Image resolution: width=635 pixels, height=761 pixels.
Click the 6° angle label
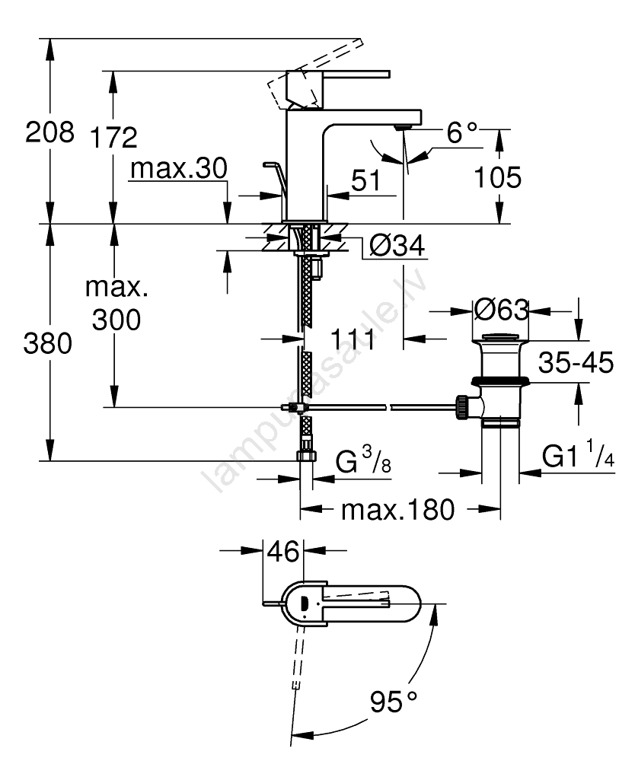click(x=461, y=134)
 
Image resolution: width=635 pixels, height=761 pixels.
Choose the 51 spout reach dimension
click(x=365, y=180)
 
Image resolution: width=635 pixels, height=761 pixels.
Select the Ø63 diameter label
click(x=500, y=310)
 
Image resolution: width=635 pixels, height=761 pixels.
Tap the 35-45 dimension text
click(x=576, y=363)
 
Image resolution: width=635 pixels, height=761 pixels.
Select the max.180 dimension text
click(x=397, y=509)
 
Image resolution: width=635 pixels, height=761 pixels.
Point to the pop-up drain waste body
click(x=499, y=380)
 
